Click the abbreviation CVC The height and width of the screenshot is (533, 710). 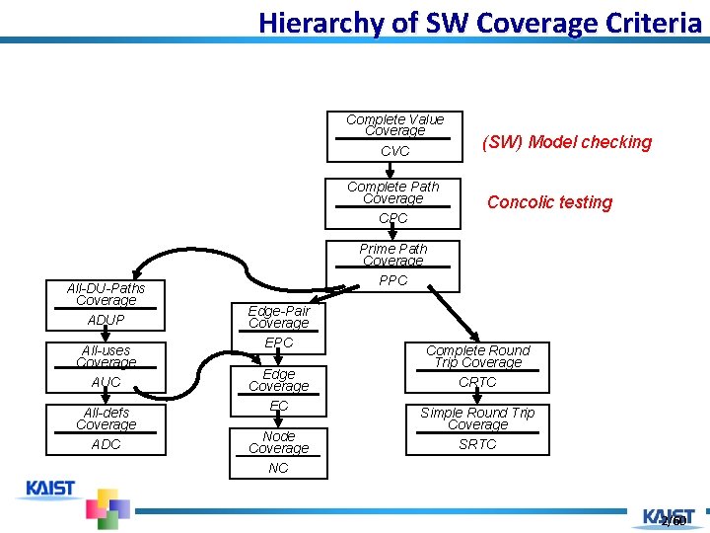click(394, 152)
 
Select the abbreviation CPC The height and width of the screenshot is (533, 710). click(392, 218)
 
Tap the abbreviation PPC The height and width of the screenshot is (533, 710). click(392, 280)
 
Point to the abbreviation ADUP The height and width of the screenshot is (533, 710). click(106, 320)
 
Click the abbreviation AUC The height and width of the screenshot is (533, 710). click(106, 382)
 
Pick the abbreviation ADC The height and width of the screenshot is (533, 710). click(106, 444)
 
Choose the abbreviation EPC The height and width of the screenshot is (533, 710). click(279, 343)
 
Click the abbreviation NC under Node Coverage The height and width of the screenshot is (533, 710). click(278, 468)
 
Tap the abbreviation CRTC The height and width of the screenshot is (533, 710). click(477, 382)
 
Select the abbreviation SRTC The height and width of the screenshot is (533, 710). click(477, 444)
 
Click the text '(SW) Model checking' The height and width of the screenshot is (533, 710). click(566, 142)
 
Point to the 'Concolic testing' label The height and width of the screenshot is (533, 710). click(549, 202)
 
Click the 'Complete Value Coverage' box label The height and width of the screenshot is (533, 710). click(394, 124)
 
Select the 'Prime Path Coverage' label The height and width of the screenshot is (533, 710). click(392, 255)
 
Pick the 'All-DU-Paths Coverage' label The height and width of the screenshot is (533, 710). click(106, 294)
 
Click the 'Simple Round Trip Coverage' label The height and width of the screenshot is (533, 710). click(477, 419)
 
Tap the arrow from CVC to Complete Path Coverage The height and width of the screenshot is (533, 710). click(390, 170)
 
